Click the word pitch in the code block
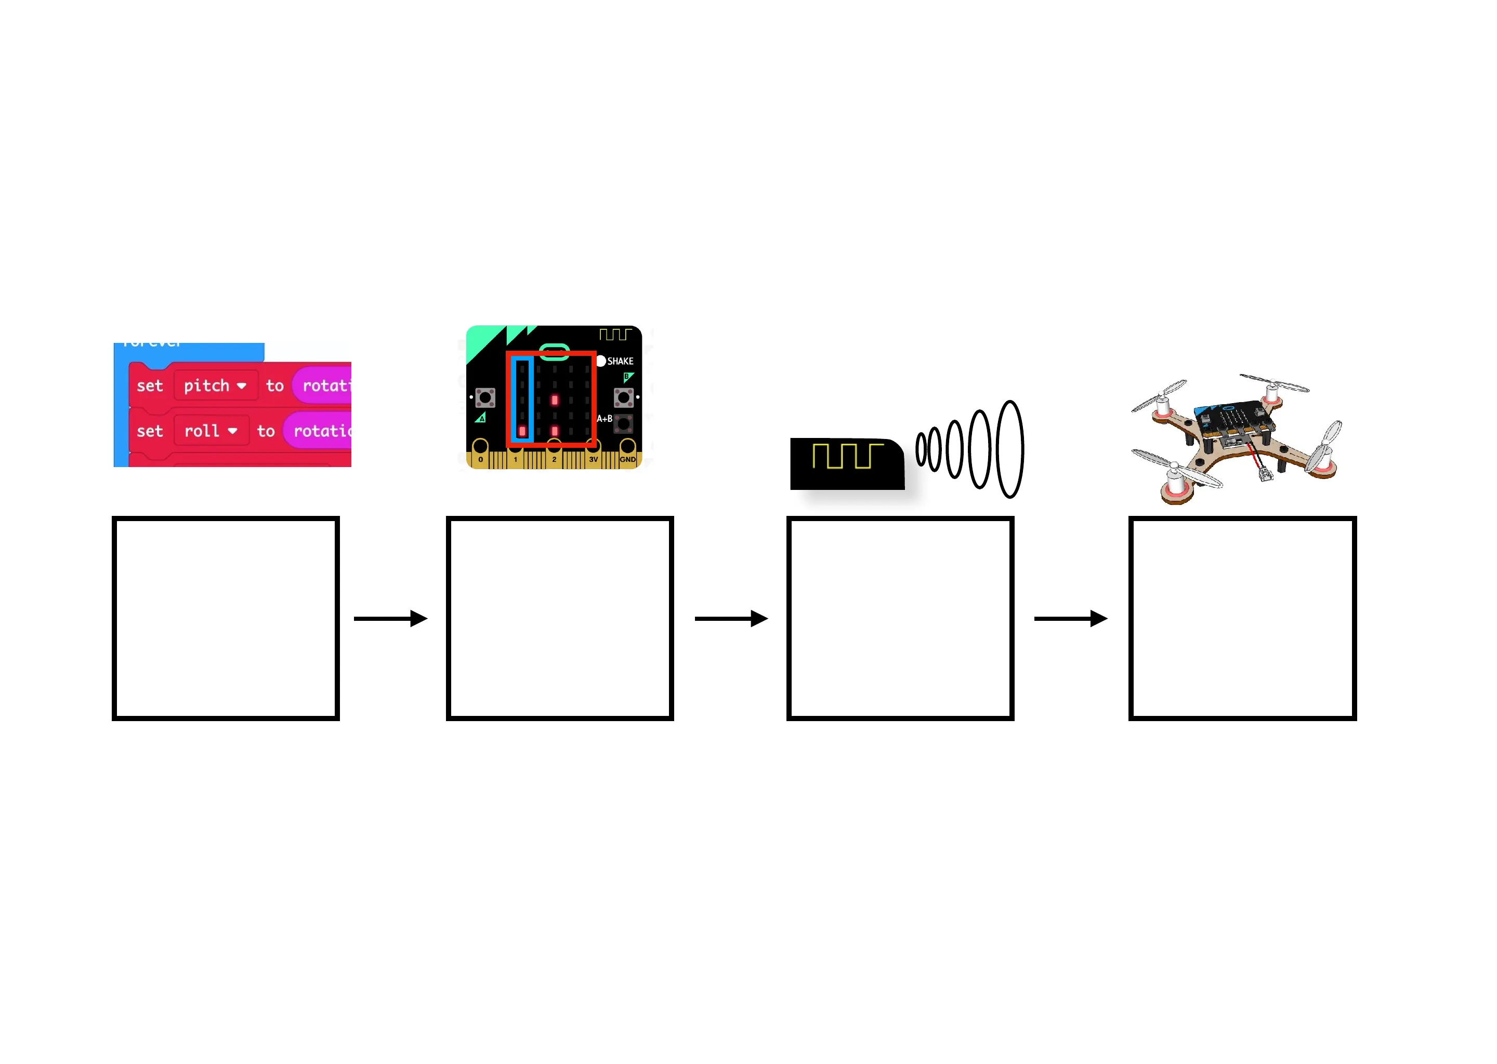click(206, 385)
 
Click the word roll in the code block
click(201, 431)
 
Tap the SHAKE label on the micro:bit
click(620, 361)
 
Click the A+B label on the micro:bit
click(603, 419)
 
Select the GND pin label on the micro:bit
click(627, 460)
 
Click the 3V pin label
click(593, 460)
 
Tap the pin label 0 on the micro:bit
click(480, 460)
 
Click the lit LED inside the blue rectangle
click(522, 431)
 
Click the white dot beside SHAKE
click(601, 361)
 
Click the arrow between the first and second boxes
click(391, 618)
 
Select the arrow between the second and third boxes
click(731, 618)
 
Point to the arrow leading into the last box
click(1070, 618)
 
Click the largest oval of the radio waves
click(1009, 449)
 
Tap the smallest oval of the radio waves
click(921, 449)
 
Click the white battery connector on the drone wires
click(1265, 474)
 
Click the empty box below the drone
click(1242, 618)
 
